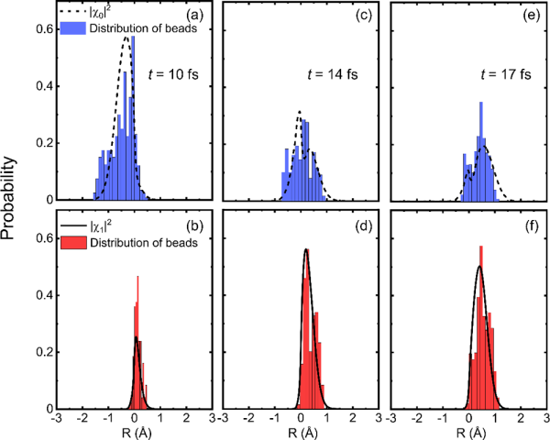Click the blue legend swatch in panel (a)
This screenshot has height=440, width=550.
pyautogui.click(x=71, y=28)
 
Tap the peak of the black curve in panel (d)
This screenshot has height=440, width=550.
pyautogui.click(x=306, y=249)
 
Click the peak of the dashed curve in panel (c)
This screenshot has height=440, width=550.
pyautogui.click(x=300, y=113)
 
